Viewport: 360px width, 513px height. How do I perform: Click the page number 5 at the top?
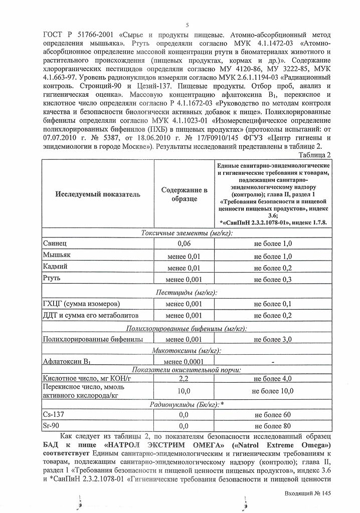pos(187,26)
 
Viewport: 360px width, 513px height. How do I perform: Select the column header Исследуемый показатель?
pos(98,194)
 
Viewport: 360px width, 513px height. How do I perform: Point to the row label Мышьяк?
pos(58,255)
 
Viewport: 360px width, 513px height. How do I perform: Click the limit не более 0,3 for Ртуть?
pos(273,280)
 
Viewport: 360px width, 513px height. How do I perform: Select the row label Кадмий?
pos(56,267)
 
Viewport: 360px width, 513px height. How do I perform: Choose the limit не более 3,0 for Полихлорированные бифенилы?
pos(273,340)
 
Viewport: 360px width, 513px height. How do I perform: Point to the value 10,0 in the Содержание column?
pos(184,391)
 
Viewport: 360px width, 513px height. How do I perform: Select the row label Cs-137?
pos(54,415)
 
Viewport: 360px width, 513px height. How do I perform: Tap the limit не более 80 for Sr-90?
pos(273,426)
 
